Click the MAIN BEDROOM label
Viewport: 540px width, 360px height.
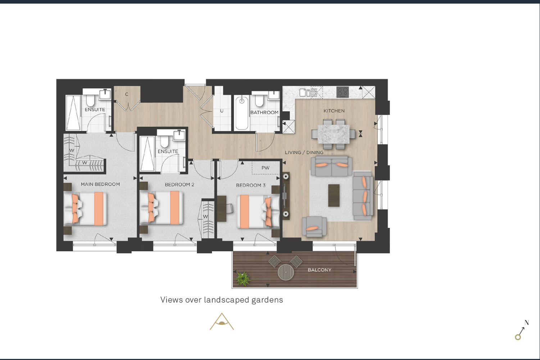click(100, 184)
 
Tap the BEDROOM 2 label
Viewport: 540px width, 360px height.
click(180, 185)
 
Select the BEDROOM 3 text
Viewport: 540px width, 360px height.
click(251, 185)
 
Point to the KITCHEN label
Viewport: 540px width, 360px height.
click(334, 111)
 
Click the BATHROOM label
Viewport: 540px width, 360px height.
click(264, 113)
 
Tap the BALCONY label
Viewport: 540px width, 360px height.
click(319, 270)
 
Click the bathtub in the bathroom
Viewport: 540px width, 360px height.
click(242, 113)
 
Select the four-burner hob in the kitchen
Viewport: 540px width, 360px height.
click(342, 92)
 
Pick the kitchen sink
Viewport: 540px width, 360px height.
click(305, 92)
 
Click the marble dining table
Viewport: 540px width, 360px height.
click(333, 134)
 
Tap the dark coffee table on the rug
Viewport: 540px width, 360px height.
click(334, 195)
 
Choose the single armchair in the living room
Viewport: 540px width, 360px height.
click(314, 227)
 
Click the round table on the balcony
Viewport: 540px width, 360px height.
click(286, 272)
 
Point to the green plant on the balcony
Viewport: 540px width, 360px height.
click(243, 279)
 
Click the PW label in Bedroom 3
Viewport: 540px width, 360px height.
click(266, 168)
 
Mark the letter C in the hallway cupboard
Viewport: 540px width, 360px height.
click(127, 95)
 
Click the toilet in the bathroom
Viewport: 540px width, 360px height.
click(259, 100)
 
